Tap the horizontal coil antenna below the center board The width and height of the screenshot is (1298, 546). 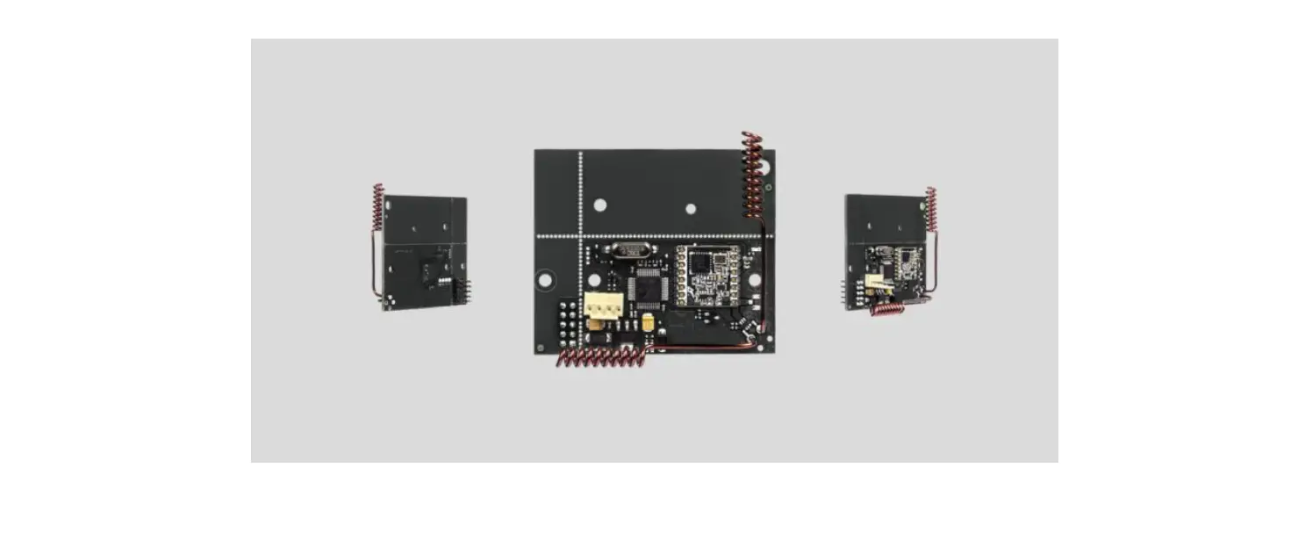coord(601,356)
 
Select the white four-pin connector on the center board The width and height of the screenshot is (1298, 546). coord(604,305)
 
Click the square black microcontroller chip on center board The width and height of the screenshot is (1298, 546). coord(650,284)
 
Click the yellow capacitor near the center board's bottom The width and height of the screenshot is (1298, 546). coord(648,323)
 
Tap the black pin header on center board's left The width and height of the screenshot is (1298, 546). coord(567,322)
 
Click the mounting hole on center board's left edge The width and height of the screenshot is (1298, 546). coord(545,280)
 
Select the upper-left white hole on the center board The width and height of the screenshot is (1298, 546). coord(600,205)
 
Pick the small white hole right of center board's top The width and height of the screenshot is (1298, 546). coord(691,209)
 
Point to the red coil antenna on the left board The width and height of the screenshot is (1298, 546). coord(378,207)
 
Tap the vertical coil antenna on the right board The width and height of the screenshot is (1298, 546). coord(931,209)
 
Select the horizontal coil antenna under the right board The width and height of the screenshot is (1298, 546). coord(888,309)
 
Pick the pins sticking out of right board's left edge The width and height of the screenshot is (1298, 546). coord(845,292)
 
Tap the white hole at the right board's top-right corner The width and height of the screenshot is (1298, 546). coord(923,201)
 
